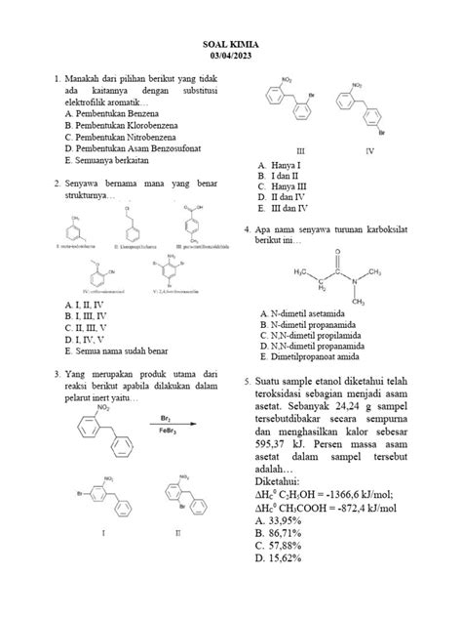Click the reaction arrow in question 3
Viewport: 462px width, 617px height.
164,424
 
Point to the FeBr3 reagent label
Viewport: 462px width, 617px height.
164,432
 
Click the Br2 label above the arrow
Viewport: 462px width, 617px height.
164,415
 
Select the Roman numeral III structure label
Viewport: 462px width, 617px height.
300,151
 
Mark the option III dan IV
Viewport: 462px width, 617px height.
285,208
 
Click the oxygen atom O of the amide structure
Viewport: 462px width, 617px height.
338,251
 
